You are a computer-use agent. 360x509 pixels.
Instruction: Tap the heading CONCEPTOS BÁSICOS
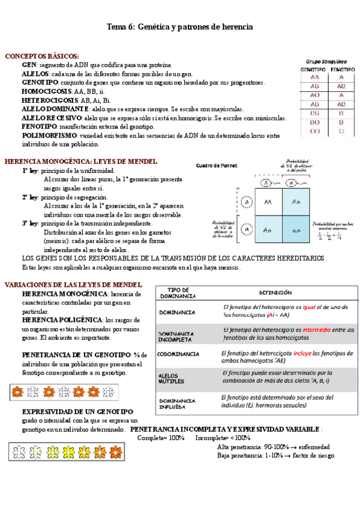click(x=41, y=56)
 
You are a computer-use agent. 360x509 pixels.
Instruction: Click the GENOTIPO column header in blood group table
click(x=314, y=70)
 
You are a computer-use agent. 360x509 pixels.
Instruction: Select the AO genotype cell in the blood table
click(x=314, y=95)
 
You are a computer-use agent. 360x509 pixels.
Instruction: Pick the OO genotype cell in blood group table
click(x=314, y=131)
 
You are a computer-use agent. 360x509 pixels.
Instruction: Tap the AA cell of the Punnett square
click(x=268, y=202)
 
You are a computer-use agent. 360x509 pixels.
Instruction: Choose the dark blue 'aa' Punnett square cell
click(x=296, y=230)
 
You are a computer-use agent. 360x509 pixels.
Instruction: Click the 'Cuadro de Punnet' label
click(x=217, y=165)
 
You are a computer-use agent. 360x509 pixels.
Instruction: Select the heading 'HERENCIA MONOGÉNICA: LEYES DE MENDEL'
click(x=81, y=161)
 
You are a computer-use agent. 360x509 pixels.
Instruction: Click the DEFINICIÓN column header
click(x=275, y=293)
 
